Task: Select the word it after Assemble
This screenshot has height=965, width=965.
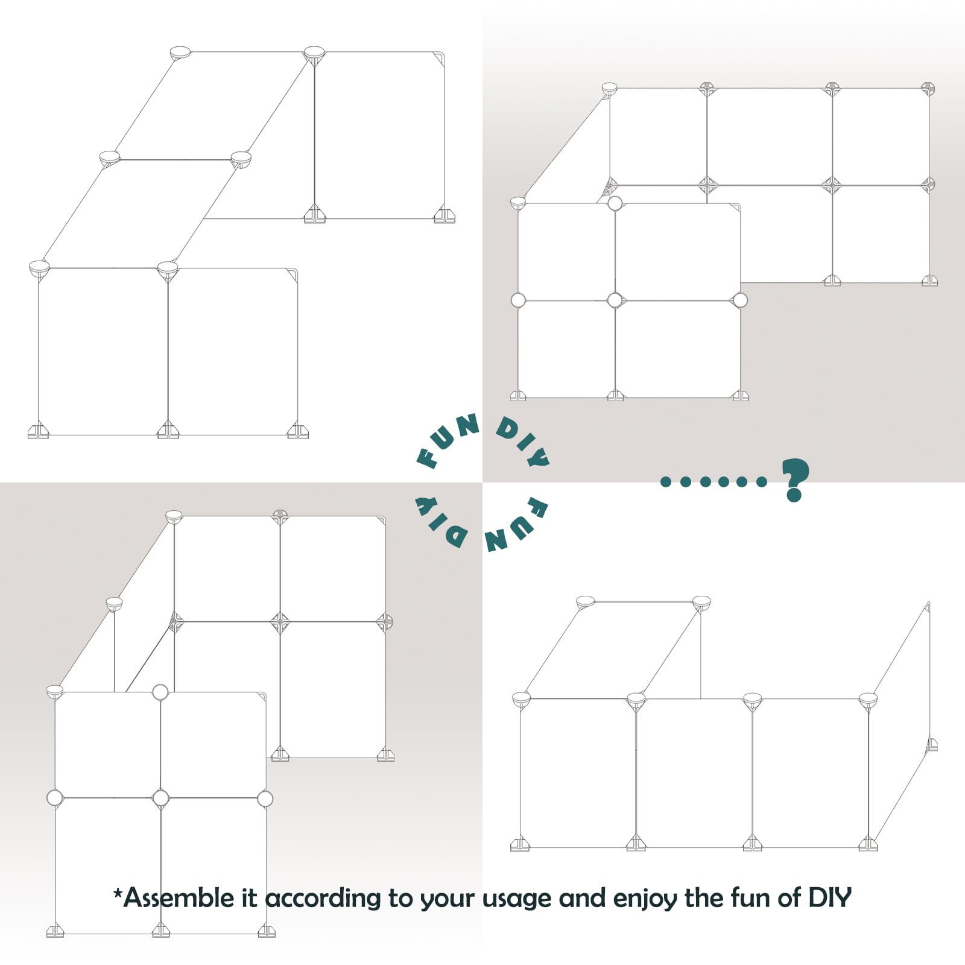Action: (x=249, y=898)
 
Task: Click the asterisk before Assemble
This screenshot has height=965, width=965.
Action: (x=118, y=891)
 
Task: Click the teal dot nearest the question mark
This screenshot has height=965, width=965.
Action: (x=762, y=481)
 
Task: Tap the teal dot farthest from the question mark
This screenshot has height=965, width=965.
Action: (x=666, y=481)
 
